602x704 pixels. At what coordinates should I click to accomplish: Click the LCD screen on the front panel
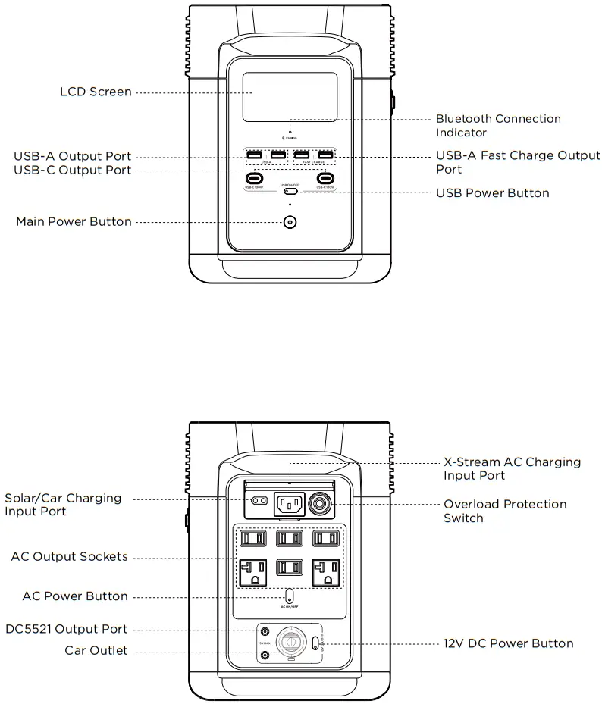tap(289, 97)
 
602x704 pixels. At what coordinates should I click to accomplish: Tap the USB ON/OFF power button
tap(289, 192)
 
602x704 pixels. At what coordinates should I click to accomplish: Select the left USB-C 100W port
tap(254, 180)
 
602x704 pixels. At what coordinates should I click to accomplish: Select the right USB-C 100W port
tap(326, 180)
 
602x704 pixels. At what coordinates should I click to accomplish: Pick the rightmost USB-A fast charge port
tap(326, 156)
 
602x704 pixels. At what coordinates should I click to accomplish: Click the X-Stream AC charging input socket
tap(289, 502)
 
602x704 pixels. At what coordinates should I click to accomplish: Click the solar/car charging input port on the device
tap(259, 501)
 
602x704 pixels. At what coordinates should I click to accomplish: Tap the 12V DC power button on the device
tap(315, 643)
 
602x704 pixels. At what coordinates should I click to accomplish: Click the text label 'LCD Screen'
tap(96, 92)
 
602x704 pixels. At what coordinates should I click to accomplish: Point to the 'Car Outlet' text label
tap(96, 650)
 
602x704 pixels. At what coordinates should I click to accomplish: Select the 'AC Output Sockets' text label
tap(69, 557)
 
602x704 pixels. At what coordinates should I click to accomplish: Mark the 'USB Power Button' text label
tap(492, 193)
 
